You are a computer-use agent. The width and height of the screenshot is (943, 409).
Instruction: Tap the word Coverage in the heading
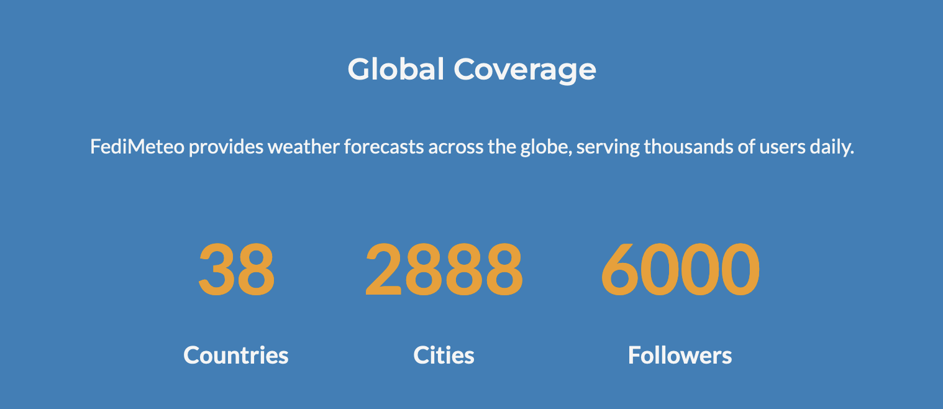pos(524,71)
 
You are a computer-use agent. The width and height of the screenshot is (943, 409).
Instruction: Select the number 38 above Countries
pos(236,270)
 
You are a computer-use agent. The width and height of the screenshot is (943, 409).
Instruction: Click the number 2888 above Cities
pos(444,270)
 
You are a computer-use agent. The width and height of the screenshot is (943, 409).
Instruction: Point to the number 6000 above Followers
pos(680,270)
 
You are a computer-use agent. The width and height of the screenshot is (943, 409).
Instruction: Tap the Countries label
pos(236,355)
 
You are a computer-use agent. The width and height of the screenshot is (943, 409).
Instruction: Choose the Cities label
pos(444,355)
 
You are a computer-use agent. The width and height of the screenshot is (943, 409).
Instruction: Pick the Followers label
pos(680,355)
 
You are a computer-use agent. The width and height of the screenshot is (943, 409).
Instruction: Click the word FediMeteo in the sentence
pos(137,147)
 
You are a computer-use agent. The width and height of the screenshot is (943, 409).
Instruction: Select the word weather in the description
pos(304,147)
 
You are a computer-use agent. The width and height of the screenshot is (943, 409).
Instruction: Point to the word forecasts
pos(384,147)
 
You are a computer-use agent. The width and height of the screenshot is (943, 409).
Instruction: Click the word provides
pos(226,148)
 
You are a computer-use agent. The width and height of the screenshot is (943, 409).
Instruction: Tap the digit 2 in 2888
pos(383,270)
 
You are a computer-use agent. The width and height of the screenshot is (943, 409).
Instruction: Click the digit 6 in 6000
pos(621,270)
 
